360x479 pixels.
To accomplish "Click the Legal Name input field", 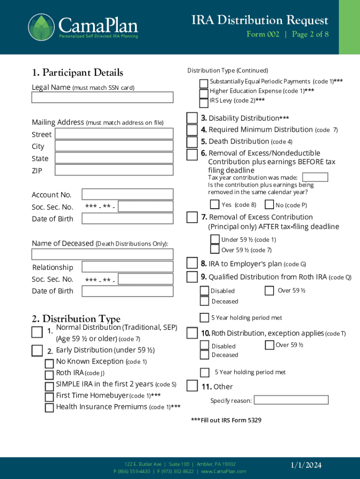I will pos(102,97).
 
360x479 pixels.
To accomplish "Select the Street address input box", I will pos(114,134).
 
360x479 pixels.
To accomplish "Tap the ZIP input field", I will pos(114,170).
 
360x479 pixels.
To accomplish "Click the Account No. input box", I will pos(127,194).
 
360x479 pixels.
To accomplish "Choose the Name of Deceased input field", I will pos(102,254).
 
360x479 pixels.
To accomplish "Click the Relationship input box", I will pos(127,267).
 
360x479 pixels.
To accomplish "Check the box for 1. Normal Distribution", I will pos(37,332).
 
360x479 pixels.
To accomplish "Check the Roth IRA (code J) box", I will pos(49,375).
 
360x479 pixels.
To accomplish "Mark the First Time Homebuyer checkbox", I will pos(49,397).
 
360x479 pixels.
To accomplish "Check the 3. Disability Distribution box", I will pos(192,118).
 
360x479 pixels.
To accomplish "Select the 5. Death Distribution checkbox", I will pos(192,142).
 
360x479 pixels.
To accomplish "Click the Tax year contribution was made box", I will pos(315,177).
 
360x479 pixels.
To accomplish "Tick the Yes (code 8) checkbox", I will pos(215,204).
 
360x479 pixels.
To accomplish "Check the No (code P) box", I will pos(269,204).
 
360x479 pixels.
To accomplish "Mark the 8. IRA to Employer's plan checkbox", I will pos(192,263).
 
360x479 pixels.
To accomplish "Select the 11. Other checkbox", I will pos(192,386).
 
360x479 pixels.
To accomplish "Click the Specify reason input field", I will pos(291,400).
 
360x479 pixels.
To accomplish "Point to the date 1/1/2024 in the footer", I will pos(306,465).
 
